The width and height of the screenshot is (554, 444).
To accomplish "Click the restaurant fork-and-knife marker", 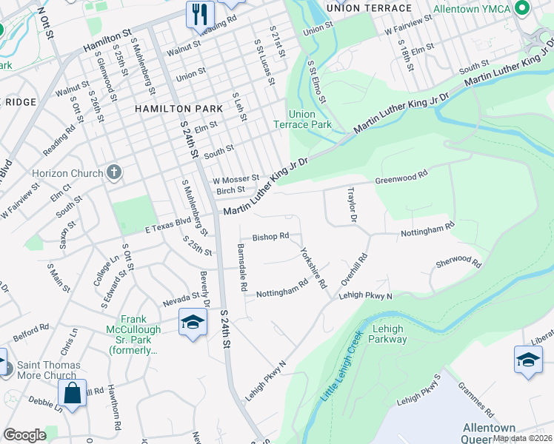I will coord(200,13).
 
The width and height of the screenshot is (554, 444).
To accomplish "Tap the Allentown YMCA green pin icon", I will coord(522,8).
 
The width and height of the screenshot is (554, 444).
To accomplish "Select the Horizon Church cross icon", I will coord(113,173).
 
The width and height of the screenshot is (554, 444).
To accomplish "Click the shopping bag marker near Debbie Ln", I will coord(73,392).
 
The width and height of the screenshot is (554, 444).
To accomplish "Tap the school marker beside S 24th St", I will coord(192,323).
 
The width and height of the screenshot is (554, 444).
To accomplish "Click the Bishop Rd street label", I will coord(270,238).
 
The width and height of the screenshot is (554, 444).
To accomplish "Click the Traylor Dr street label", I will coord(353,206).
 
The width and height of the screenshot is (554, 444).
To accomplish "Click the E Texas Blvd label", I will coord(168,228).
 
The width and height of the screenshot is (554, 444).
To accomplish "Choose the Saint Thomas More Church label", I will coord(50,371).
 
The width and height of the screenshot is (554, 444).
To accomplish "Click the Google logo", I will coord(24,435).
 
